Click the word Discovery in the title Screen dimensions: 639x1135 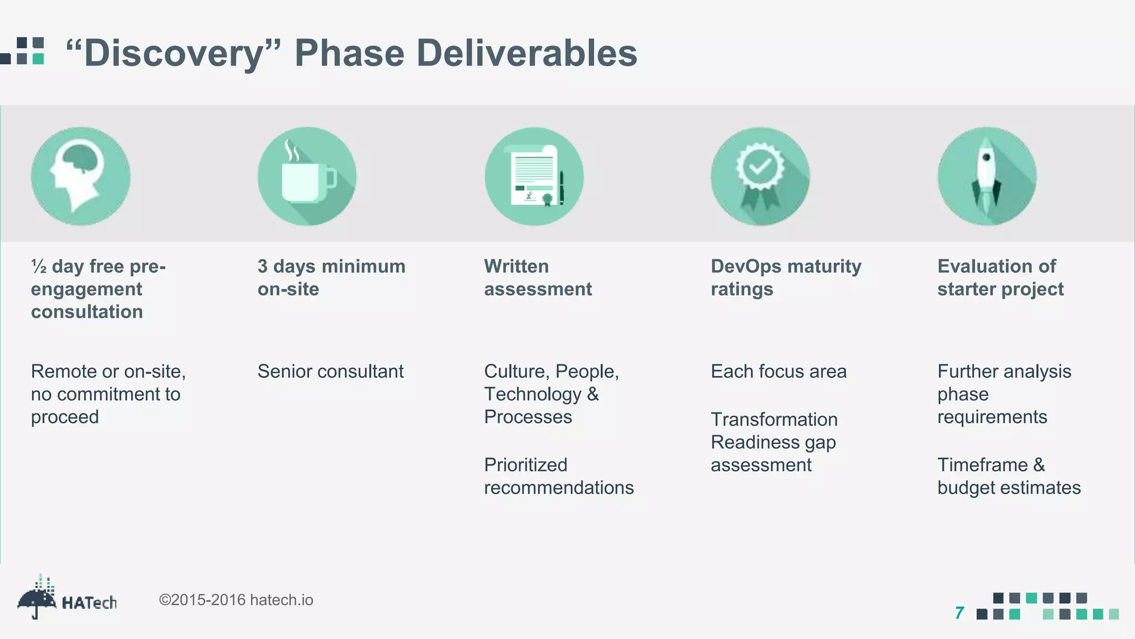(x=173, y=54)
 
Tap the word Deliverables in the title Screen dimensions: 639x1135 (x=526, y=54)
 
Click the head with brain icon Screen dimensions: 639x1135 (x=81, y=176)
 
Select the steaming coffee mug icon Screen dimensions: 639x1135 (x=307, y=176)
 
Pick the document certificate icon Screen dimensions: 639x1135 (x=534, y=176)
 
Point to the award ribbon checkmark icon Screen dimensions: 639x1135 (x=760, y=176)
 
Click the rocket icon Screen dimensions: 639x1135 (x=986, y=176)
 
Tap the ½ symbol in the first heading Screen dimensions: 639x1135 (x=39, y=267)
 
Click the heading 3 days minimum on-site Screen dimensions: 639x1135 (x=331, y=277)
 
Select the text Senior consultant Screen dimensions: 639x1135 (x=330, y=371)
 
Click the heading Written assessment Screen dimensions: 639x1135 (x=538, y=277)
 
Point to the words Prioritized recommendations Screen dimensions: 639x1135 (x=558, y=476)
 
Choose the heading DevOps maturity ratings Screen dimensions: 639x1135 (x=785, y=277)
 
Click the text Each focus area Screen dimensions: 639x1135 (x=778, y=371)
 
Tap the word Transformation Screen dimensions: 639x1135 (x=774, y=419)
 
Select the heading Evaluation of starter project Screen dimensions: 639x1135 (x=1000, y=277)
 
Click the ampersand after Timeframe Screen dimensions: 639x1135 (x=1039, y=465)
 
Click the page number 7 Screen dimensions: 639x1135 (x=959, y=613)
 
